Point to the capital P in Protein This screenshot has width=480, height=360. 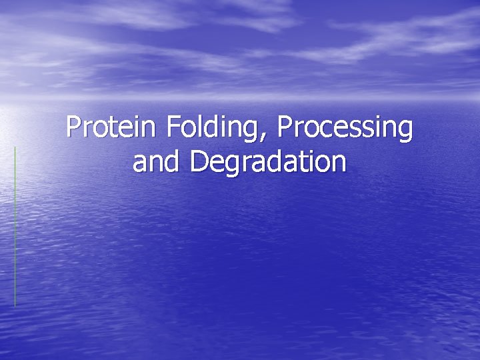[73, 127]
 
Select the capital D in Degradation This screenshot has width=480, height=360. [198, 161]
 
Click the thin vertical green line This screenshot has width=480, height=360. [15, 227]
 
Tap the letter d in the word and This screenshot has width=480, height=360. [174, 161]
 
